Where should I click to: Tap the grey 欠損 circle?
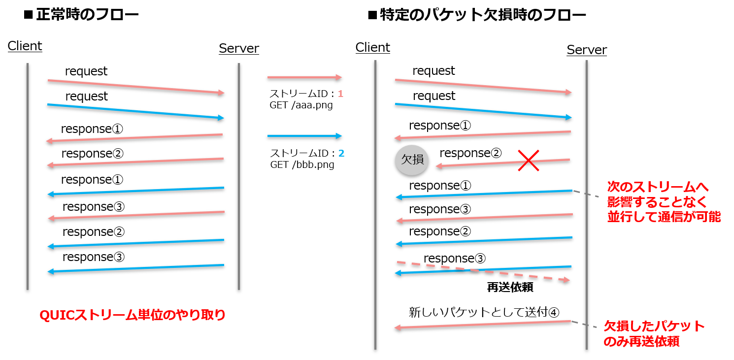412,161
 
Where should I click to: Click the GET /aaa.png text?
301,105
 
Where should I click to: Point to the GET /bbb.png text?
302,165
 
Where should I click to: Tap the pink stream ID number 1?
340,94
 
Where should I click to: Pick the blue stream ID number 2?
341,154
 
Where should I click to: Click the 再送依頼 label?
510,288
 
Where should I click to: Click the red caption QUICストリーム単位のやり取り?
132,315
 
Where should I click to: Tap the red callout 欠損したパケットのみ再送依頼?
654,333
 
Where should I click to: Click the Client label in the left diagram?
25,46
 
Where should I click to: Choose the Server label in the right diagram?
587,50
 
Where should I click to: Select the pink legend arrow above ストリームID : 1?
304,77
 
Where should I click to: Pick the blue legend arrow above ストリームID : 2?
304,136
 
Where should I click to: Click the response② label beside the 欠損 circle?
470,153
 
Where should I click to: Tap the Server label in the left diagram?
239,48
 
